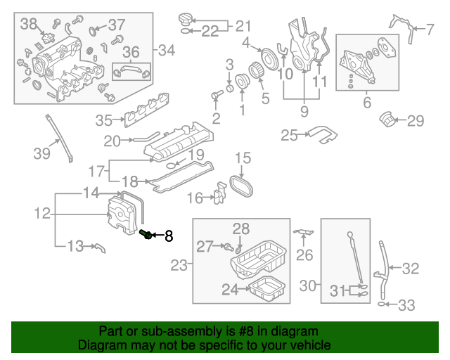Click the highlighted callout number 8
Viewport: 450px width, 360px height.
pos(168,236)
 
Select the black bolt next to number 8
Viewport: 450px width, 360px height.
pos(146,234)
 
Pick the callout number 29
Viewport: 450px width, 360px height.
pos(416,121)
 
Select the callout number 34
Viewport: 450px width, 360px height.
pos(167,50)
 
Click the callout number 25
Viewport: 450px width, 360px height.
pos(290,135)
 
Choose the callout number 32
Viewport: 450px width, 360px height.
pos(411,268)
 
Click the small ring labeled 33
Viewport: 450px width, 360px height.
pos(382,304)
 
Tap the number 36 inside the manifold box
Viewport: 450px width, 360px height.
pos(131,52)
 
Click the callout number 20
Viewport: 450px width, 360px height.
pos(112,141)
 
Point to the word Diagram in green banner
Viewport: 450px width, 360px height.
pos(99,345)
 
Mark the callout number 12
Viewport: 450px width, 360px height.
pos(41,212)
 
